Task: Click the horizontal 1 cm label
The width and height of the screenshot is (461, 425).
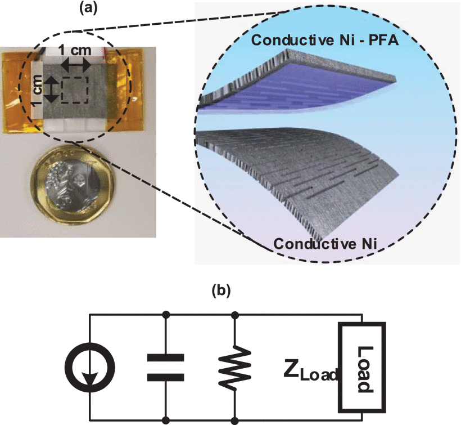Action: [x=75, y=50]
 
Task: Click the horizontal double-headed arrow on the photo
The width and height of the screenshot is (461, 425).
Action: [x=75, y=65]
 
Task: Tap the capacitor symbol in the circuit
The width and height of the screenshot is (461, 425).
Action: [x=166, y=367]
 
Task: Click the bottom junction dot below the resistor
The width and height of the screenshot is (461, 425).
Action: [x=235, y=420]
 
